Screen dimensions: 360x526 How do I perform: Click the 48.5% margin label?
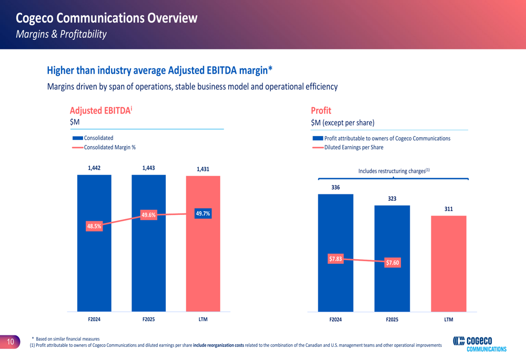pos(94,227)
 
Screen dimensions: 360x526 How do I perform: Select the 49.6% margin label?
pos(149,215)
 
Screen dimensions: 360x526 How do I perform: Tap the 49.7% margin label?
pos(203,213)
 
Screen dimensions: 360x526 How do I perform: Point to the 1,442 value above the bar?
pos(94,168)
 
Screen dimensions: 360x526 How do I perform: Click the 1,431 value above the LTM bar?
pos(203,169)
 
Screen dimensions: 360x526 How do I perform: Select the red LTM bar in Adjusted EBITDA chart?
pos(203,263)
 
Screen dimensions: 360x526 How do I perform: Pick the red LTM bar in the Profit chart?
pos(448,263)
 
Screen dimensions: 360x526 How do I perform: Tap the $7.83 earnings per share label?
pos(336,259)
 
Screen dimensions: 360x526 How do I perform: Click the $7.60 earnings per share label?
pos(392,263)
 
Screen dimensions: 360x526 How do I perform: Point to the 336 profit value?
pos(336,187)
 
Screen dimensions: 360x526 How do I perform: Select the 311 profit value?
pos(448,209)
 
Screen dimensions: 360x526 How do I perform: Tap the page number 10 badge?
pos(10,342)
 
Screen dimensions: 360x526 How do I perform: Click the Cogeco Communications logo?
pos(480,344)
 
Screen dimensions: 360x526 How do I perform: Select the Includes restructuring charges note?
pos(394,171)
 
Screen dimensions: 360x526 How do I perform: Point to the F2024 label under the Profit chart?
pos(336,320)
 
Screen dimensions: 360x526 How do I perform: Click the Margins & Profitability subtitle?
pos(61,34)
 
